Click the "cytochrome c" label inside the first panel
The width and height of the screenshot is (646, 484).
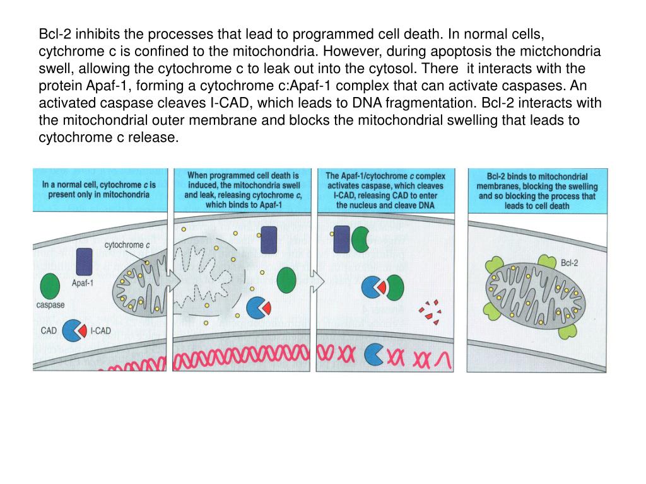point(126,245)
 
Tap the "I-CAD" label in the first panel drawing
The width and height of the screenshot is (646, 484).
point(100,330)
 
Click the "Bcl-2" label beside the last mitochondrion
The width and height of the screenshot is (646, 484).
point(569,262)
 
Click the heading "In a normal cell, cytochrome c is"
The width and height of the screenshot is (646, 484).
point(99,185)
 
